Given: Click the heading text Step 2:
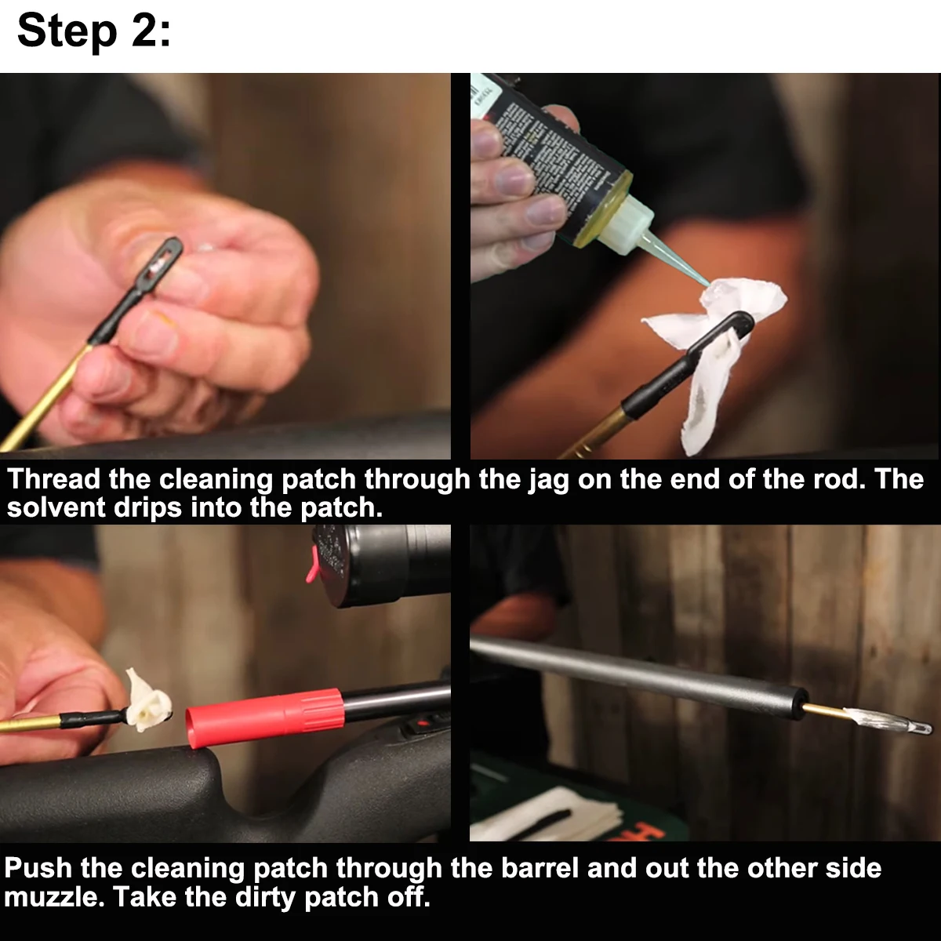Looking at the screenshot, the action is click(x=94, y=31).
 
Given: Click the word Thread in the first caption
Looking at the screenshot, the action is click(x=53, y=479).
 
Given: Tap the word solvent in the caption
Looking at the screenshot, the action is click(x=56, y=508).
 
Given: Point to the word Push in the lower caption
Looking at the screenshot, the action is click(x=38, y=868).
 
